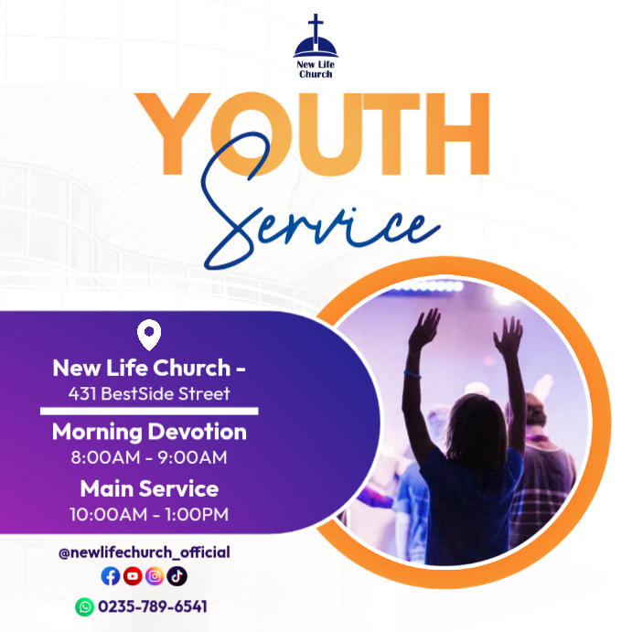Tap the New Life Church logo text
point(316,69)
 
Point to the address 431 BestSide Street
point(149,394)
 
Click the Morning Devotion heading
point(149,432)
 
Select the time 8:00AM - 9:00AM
point(149,456)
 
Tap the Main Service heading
point(149,487)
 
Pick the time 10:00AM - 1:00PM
point(149,514)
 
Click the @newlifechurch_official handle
point(144,552)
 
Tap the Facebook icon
point(111,576)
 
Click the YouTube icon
point(133,576)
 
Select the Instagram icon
point(155,576)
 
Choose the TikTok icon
point(177,576)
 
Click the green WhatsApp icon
point(84,606)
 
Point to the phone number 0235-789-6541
point(153,606)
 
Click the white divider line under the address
point(149,412)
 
